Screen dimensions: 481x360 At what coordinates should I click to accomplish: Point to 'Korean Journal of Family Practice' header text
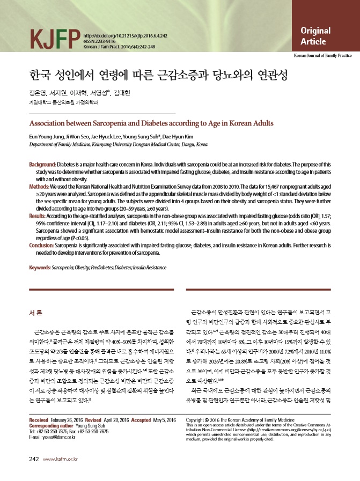(x=322, y=55)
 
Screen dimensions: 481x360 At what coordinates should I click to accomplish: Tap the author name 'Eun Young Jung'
(x=46, y=136)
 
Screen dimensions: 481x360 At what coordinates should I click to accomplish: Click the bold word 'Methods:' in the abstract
(x=40, y=184)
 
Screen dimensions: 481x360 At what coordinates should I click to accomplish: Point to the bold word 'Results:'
(x=39, y=214)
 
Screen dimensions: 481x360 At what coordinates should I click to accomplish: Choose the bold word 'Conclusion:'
(x=42, y=243)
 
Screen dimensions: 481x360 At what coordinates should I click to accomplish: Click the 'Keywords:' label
(x=42, y=267)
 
